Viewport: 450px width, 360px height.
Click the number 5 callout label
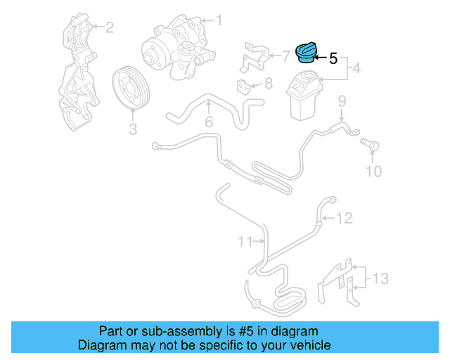(x=333, y=60)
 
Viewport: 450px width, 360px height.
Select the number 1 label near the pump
(x=218, y=21)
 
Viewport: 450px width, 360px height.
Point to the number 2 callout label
(x=109, y=27)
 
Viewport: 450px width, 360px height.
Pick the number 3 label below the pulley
(x=132, y=129)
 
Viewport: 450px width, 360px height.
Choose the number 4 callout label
(x=356, y=69)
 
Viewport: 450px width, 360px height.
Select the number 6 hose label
(x=209, y=122)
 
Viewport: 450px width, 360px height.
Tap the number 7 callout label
(x=285, y=53)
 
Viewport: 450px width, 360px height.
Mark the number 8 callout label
(x=267, y=85)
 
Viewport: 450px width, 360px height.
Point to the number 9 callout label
(x=342, y=101)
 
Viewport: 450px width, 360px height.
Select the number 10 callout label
(x=373, y=171)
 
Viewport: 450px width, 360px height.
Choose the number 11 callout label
(x=243, y=243)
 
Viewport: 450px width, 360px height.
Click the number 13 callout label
(x=380, y=279)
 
